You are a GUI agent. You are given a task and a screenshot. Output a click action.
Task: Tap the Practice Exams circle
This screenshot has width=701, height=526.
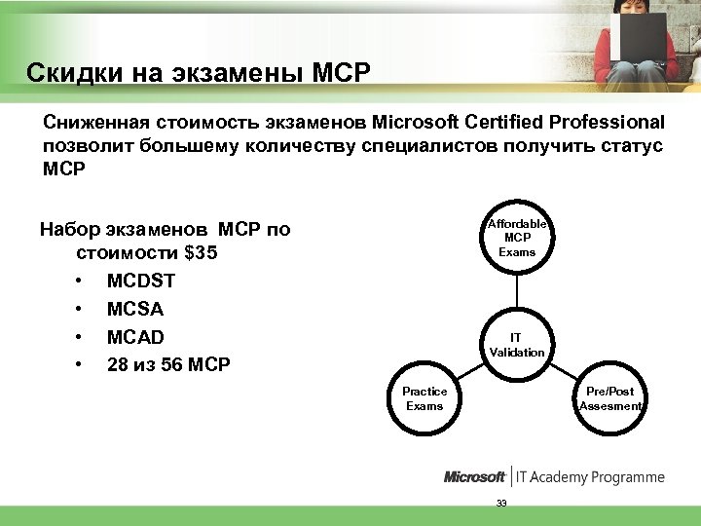[x=424, y=398]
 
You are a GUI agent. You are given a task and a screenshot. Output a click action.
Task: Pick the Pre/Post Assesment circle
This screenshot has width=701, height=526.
[x=609, y=398]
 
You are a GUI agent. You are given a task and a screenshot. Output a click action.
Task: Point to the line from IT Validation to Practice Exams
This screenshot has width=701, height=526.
[x=471, y=371]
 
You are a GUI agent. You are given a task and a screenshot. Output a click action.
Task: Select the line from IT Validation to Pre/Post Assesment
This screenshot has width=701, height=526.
[x=563, y=371]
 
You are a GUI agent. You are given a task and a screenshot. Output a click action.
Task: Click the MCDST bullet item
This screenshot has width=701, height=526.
[x=142, y=282]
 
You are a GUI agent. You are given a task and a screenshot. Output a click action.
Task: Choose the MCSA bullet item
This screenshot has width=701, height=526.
[x=135, y=310]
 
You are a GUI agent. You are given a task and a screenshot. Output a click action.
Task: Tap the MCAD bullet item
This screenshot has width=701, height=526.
[x=135, y=337]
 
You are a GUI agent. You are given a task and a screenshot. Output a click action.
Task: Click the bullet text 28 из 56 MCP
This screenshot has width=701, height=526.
[x=168, y=365]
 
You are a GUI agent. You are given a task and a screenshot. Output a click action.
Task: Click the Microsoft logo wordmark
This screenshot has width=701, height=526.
[x=474, y=477]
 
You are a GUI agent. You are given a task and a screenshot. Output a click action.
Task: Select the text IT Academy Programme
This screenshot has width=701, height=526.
[x=590, y=477]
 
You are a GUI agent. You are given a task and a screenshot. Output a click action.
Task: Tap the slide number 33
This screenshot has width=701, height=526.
[x=502, y=503]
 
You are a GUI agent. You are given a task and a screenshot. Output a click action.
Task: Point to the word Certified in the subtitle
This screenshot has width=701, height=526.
[x=498, y=124]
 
